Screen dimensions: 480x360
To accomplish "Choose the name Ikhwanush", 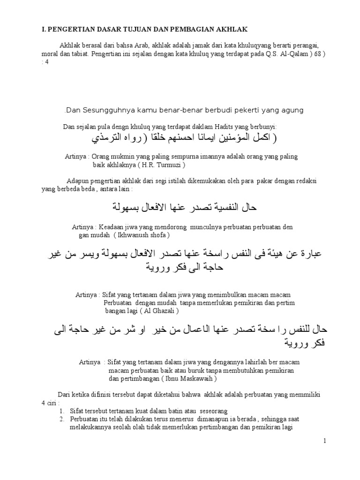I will (x=132, y=234).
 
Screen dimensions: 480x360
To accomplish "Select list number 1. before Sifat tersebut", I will (x=62, y=411).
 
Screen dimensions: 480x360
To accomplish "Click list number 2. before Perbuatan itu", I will (x=62, y=419).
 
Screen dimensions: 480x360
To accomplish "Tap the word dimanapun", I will (x=215, y=419).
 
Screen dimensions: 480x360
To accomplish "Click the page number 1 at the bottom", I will (x=323, y=441).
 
